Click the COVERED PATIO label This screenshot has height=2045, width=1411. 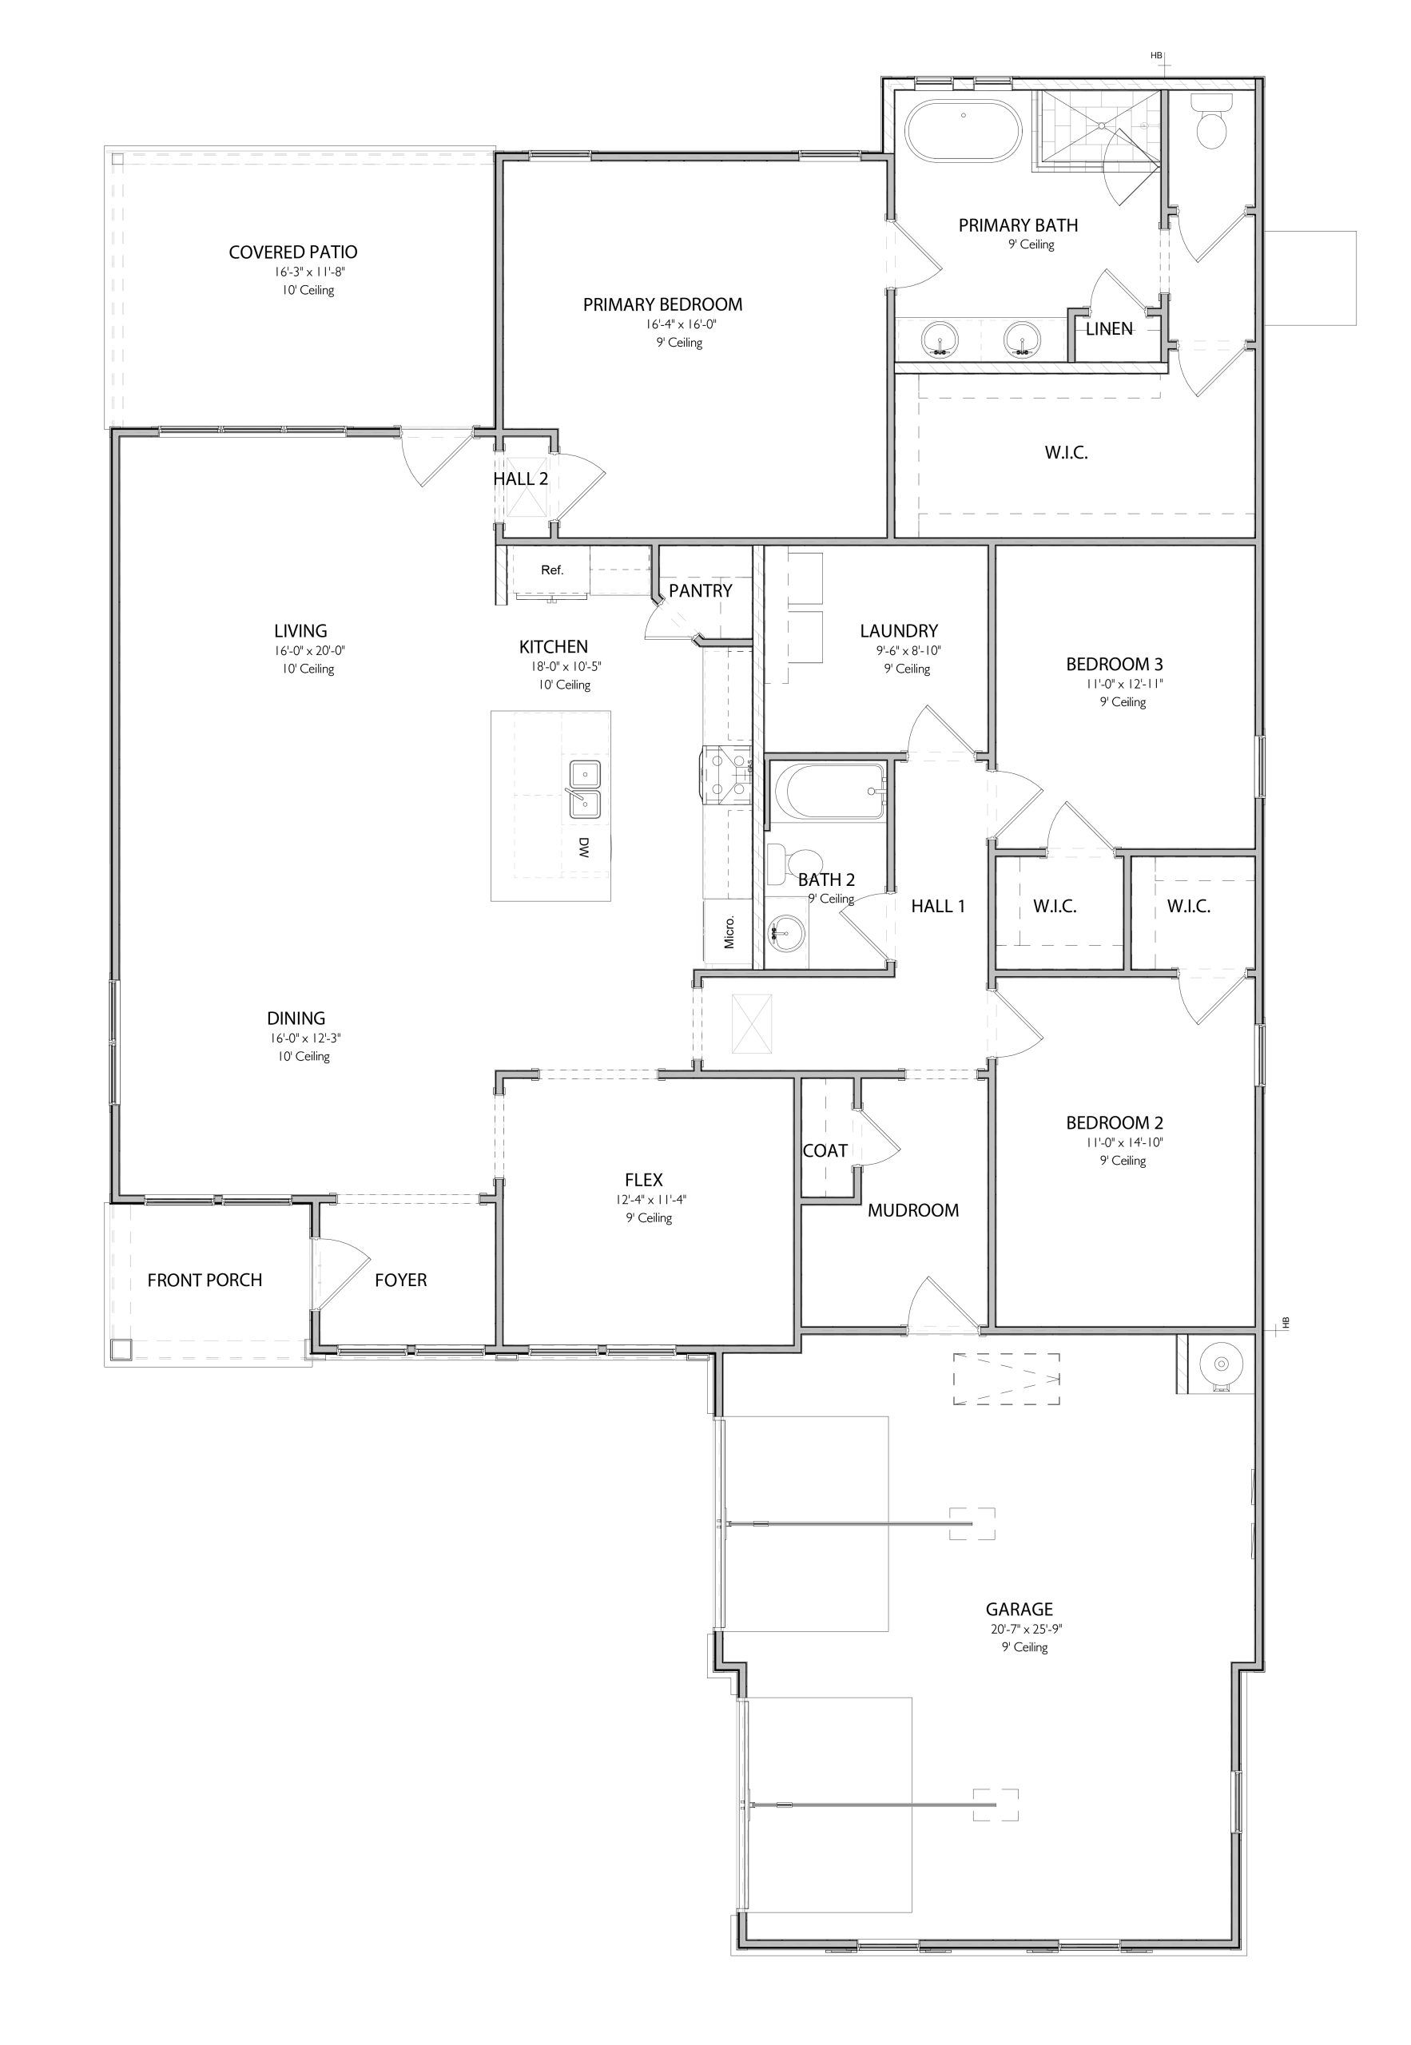[x=292, y=252]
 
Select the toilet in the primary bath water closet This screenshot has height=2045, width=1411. [x=1211, y=124]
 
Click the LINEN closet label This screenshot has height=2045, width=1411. [x=1109, y=329]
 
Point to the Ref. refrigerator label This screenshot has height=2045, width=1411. [x=551, y=570]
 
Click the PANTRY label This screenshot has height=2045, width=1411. [x=700, y=590]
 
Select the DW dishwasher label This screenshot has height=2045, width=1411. [x=583, y=848]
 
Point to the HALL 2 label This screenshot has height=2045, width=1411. [x=520, y=479]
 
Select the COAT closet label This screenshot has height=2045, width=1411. [x=825, y=1150]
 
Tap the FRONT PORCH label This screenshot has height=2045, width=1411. [x=205, y=1280]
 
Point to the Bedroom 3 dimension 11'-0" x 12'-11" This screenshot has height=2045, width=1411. [x=1114, y=683]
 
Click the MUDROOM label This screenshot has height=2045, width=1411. [x=912, y=1210]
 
